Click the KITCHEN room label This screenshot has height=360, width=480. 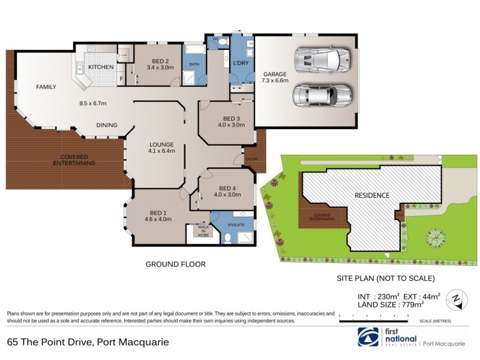101,67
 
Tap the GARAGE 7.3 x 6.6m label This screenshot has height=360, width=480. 275,77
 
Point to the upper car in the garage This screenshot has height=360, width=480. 322,59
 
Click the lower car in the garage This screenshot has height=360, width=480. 322,95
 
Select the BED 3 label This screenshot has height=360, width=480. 231,122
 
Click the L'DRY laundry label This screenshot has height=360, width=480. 241,62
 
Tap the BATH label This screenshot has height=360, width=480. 194,64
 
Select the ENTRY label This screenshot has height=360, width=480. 251,159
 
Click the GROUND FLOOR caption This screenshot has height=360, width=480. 176,264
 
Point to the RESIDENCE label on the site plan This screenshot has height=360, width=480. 372,196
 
